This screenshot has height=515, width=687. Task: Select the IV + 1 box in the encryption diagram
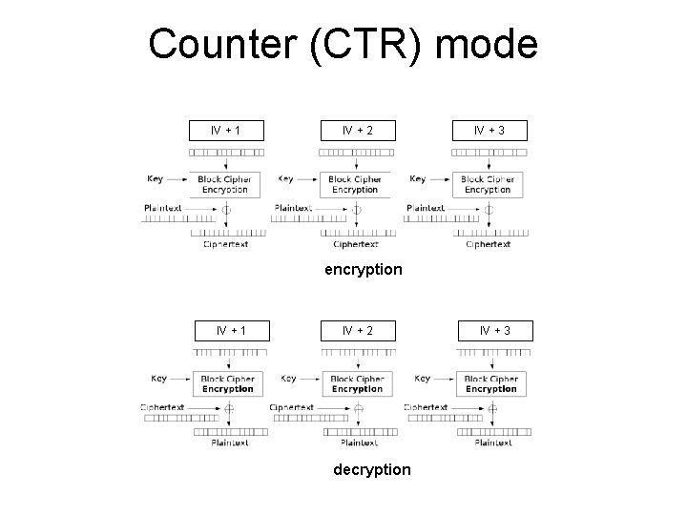coord(225,130)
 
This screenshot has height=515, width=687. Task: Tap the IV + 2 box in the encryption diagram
coord(356,130)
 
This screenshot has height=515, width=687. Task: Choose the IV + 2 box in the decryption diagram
coord(358,331)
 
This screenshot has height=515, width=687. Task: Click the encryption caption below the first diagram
coord(363,269)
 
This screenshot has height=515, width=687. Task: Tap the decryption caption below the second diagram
coord(371,469)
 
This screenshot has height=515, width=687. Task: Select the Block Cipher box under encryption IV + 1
coord(224,184)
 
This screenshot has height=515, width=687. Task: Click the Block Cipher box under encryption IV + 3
coord(488,184)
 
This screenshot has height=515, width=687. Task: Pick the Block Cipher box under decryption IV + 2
coord(358,384)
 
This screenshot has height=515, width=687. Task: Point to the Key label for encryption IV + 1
coord(155,177)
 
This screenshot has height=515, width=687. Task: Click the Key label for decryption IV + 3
coord(423,378)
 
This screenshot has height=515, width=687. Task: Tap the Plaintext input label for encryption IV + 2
coord(293,207)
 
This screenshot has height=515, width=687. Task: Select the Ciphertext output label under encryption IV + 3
coord(488,244)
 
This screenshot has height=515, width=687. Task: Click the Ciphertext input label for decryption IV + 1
coord(162,406)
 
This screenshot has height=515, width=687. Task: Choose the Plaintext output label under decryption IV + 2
coord(358,443)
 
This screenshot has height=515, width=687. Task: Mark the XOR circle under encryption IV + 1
coord(226,209)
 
